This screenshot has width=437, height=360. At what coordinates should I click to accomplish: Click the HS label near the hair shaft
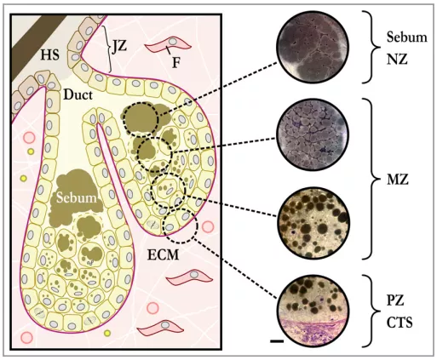coord(50,55)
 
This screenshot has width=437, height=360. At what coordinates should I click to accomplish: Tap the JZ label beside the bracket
coord(119,46)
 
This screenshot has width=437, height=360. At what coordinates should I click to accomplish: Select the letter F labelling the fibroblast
coord(176,63)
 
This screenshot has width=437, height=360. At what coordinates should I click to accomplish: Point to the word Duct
coord(78,94)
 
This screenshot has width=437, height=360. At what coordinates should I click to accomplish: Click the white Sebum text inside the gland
coord(77,197)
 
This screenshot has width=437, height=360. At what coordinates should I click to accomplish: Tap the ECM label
coord(164,254)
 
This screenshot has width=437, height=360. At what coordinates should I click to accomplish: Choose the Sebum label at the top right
coord(406,37)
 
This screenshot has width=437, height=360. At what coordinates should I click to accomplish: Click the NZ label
coord(397,60)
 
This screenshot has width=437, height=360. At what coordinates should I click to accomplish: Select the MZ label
coord(398,180)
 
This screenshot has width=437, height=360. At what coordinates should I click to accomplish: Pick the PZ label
coord(395,300)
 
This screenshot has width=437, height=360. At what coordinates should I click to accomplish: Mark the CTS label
coord(400,323)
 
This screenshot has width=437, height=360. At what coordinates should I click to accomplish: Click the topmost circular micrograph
coord(313,47)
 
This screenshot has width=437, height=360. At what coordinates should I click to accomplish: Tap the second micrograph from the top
coord(313,134)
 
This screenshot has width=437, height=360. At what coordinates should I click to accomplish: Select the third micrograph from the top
coord(313,223)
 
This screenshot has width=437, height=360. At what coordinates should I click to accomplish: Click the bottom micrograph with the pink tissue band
coord(313,311)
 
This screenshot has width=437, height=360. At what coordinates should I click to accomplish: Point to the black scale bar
coord(277,341)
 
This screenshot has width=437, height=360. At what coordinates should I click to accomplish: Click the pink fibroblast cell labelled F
coord(168,44)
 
